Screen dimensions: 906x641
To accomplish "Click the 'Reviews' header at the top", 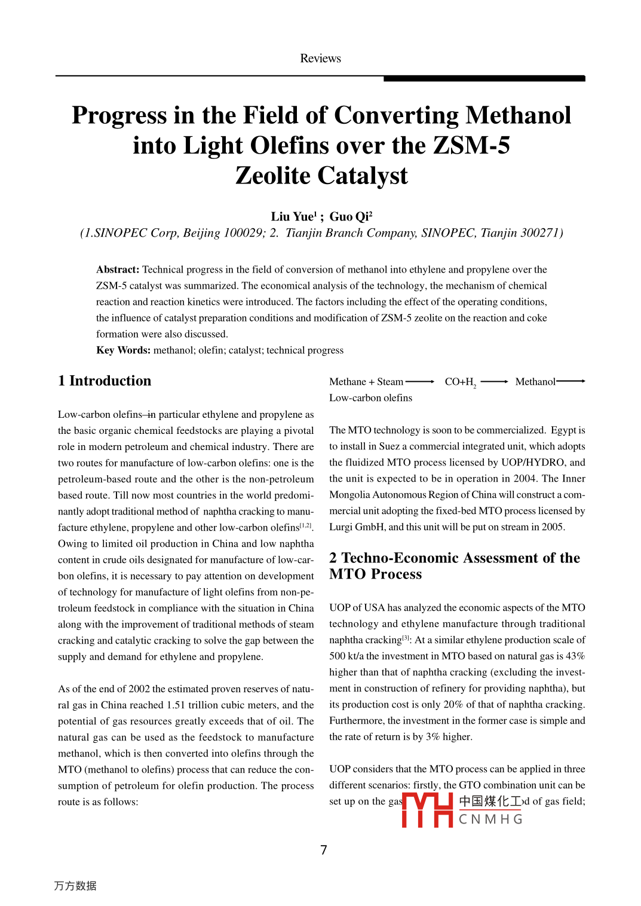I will [320, 59].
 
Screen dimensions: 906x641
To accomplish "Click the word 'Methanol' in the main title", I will [518, 115].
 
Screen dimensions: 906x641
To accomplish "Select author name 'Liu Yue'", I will [292, 217].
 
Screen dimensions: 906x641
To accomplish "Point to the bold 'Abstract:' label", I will [118, 270].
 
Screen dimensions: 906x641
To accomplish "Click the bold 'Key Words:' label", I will [123, 350].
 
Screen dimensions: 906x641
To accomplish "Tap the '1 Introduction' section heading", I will [105, 381].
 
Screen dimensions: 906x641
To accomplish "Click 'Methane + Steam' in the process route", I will [366, 382].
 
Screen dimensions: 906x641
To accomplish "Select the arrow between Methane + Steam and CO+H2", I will [420, 382].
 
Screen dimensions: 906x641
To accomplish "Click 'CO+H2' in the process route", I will [460, 382].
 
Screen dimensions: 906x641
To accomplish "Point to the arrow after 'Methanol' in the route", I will [571, 381].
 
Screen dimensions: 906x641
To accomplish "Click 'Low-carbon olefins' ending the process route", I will [370, 398].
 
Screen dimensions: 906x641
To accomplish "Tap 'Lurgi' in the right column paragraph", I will [342, 527].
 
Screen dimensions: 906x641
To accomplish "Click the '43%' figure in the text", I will [575, 656].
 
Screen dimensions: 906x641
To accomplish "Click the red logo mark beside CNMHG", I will [427, 810].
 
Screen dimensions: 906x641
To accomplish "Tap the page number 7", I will [323, 850].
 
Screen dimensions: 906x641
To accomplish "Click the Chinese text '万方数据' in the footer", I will [75, 886].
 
